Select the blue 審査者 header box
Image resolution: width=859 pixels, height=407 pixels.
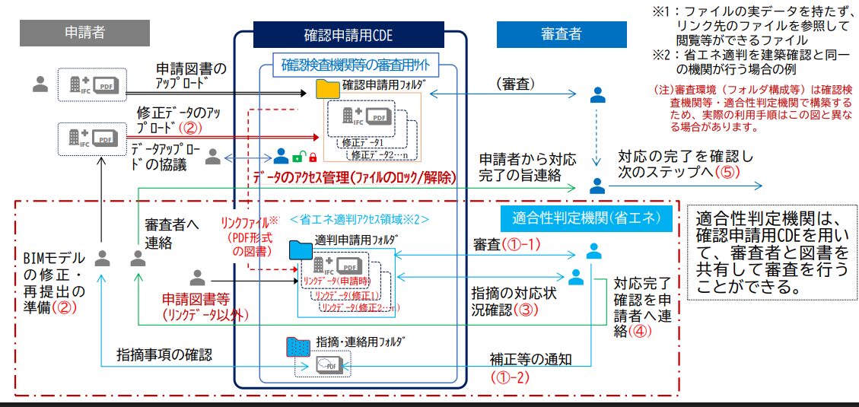pos(561,34)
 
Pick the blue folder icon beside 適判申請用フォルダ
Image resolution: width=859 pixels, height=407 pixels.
pos(300,249)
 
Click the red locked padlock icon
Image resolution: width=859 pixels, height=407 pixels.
pos(312,157)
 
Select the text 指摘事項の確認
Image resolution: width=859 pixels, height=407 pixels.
pos(164,355)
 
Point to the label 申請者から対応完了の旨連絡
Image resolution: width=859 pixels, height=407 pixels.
pos(527,167)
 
